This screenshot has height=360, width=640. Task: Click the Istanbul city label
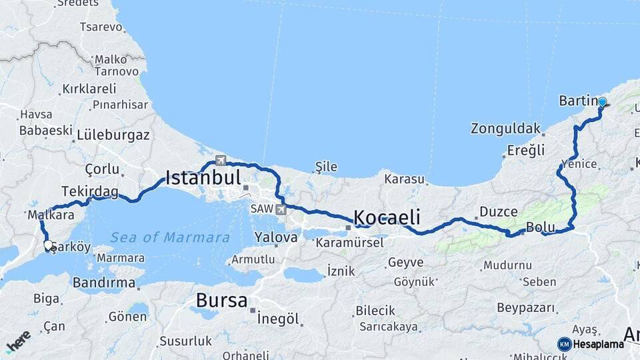click(203, 177)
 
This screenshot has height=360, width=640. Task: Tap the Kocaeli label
click(387, 217)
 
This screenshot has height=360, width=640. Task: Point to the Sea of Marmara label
click(170, 237)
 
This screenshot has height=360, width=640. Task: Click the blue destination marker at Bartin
click(603, 102)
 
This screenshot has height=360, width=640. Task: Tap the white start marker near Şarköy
click(48, 245)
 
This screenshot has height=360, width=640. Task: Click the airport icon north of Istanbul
click(221, 160)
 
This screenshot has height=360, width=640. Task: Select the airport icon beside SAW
click(281, 209)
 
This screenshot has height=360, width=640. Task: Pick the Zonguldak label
click(505, 128)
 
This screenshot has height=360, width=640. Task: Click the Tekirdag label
click(89, 192)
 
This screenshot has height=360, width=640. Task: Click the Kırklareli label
click(89, 89)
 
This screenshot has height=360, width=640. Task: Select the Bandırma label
click(104, 282)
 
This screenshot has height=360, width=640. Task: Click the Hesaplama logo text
click(598, 344)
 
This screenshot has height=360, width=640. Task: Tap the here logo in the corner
click(18, 341)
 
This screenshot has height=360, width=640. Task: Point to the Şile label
click(326, 167)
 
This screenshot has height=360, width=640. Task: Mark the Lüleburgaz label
click(113, 135)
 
